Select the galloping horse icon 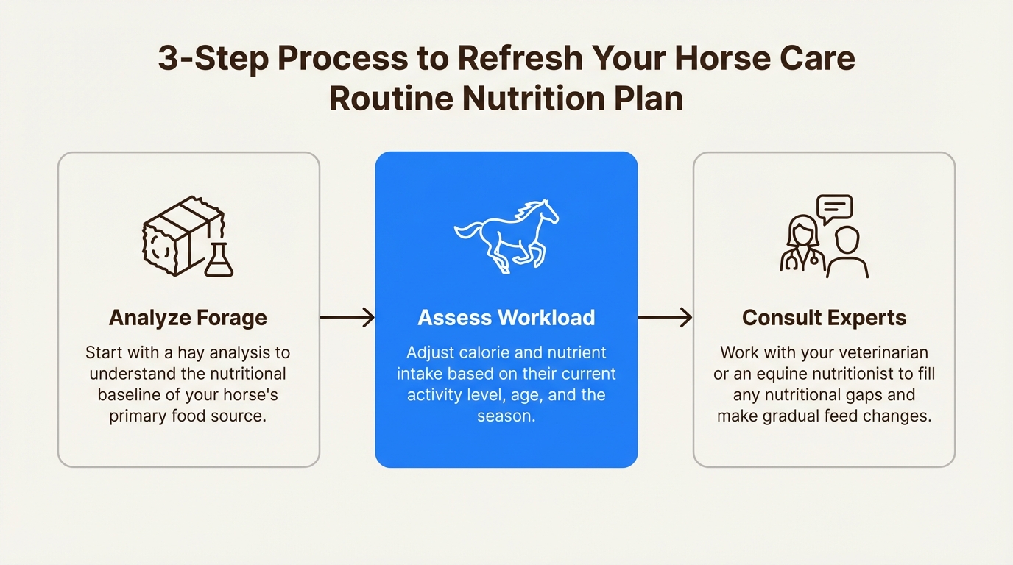tap(506, 235)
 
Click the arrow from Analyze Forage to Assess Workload tap(347, 318)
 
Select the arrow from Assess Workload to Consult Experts tap(665, 318)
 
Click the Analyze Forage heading tap(188, 318)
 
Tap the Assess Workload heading tap(506, 318)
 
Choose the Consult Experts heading tap(824, 318)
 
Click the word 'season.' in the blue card tap(506, 416)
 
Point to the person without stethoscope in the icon tap(847, 254)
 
